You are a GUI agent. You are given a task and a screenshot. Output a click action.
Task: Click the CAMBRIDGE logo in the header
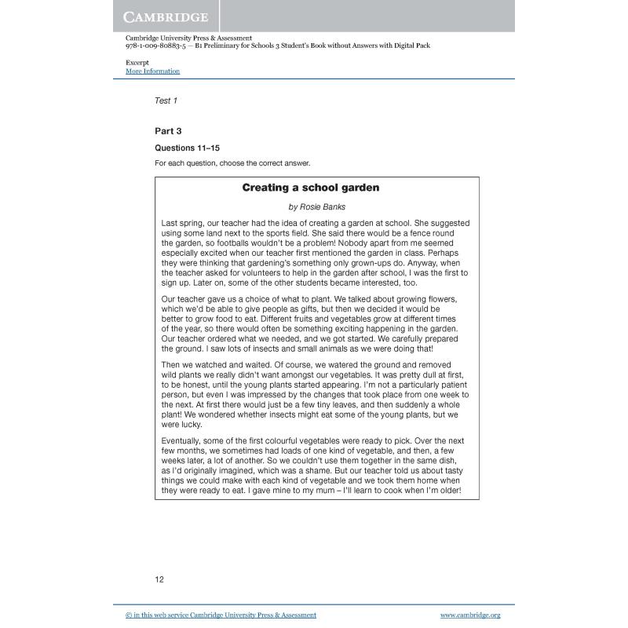pos(166,16)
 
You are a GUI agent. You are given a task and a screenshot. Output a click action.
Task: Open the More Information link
pos(152,71)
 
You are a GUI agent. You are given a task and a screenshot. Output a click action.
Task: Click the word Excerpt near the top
pos(137,62)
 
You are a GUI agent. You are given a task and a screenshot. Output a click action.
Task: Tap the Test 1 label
pos(166,100)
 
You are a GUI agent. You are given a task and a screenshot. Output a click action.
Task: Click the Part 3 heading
pos(168,131)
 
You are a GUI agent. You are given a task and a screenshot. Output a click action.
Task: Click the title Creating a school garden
pos(310,188)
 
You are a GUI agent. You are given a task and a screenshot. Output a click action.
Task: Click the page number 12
pos(159,579)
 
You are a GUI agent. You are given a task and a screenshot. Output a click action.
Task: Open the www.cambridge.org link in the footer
pos(469,615)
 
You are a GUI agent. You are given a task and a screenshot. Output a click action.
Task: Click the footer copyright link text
pos(221,615)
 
